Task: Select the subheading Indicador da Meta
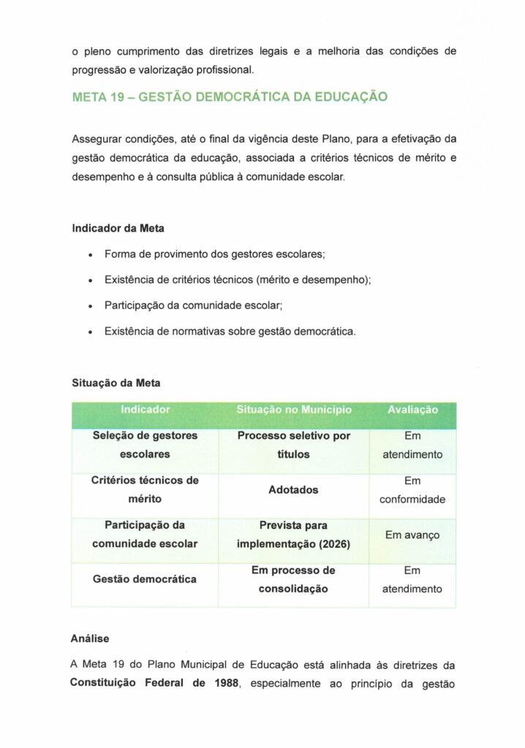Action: tap(118, 228)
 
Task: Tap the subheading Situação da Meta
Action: tap(116, 382)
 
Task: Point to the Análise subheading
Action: tap(90, 638)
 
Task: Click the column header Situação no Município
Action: tap(294, 410)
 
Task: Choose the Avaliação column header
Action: tap(412, 410)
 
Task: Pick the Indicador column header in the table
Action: tap(145, 410)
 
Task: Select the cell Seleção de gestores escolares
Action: tap(145, 445)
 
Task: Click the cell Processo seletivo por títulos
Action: tap(294, 445)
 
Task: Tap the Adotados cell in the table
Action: tap(293, 490)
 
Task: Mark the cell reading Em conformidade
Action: tap(412, 492)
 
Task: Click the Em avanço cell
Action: tap(412, 535)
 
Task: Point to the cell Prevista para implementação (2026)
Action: tap(294, 535)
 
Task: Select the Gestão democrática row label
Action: tap(145, 579)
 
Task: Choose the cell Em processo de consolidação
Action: tap(293, 579)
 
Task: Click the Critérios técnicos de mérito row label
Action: tap(145, 489)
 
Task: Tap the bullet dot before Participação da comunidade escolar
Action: tap(88, 306)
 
